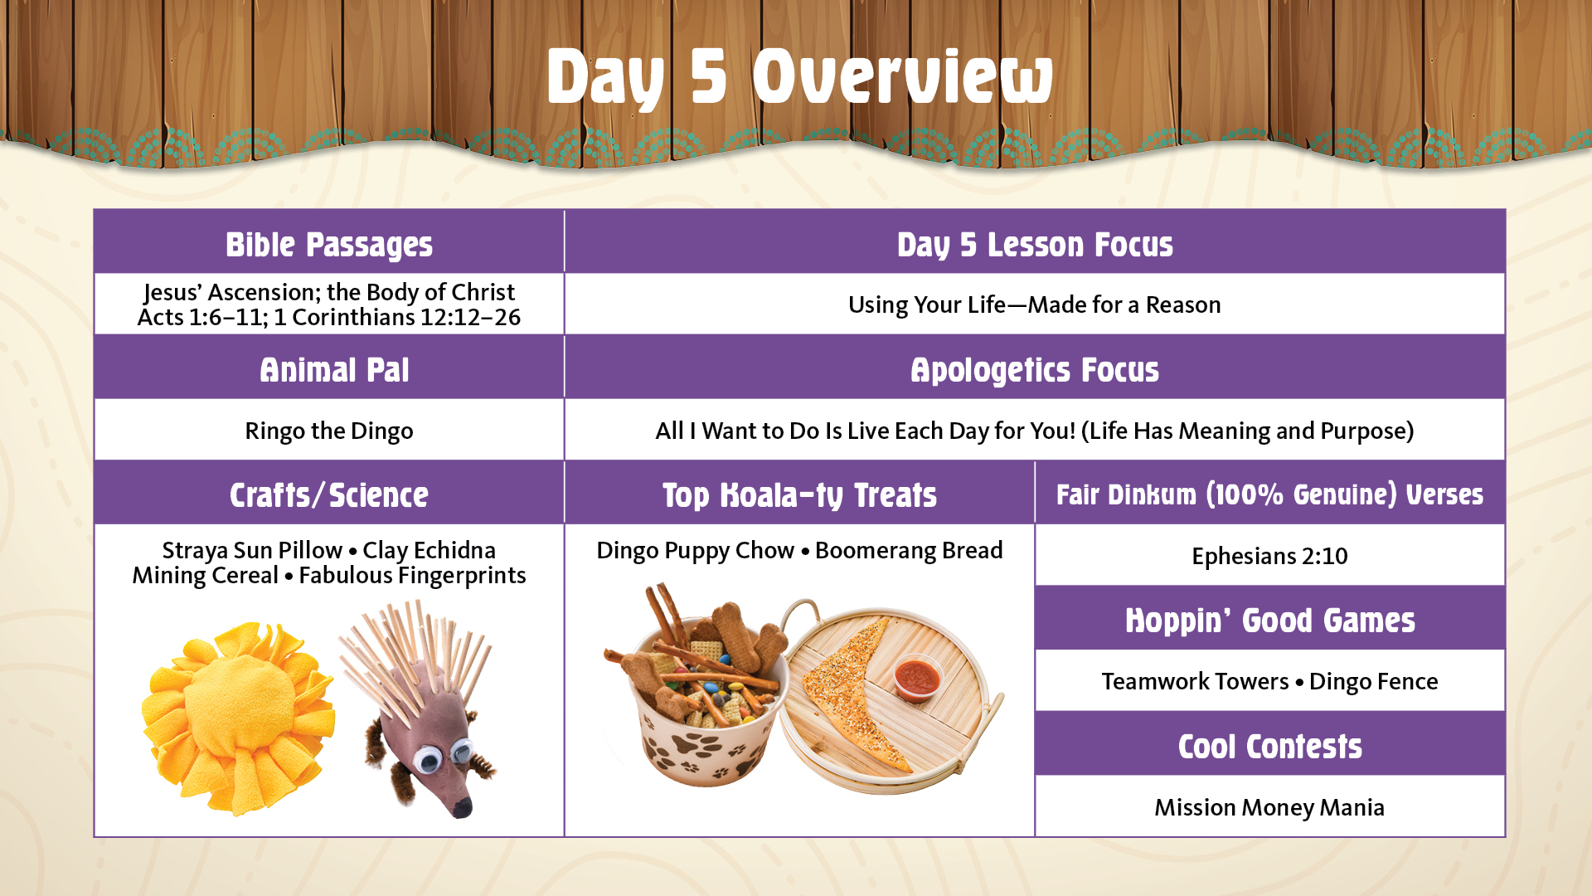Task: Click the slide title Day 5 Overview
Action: pyautogui.click(x=800, y=76)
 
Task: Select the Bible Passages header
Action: pyautogui.click(x=329, y=245)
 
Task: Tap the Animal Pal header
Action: pyautogui.click(x=334, y=370)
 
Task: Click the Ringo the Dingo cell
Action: pyautogui.click(x=329, y=431)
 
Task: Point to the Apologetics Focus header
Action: pyautogui.click(x=1035, y=370)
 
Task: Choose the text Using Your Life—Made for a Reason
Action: pyautogui.click(x=1035, y=304)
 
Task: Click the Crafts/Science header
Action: pyautogui.click(x=329, y=495)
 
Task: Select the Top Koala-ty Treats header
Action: pyautogui.click(x=799, y=495)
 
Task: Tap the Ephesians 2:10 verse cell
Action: pyautogui.click(x=1269, y=556)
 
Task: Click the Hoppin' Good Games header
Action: pyautogui.click(x=1269, y=621)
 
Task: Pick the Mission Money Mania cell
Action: pyautogui.click(x=1269, y=807)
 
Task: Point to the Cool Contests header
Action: pyautogui.click(x=1269, y=747)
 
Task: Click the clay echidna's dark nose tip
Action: pyautogui.click(x=461, y=806)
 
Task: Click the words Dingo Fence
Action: pyautogui.click(x=1373, y=681)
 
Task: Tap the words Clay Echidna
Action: pyautogui.click(x=429, y=550)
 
